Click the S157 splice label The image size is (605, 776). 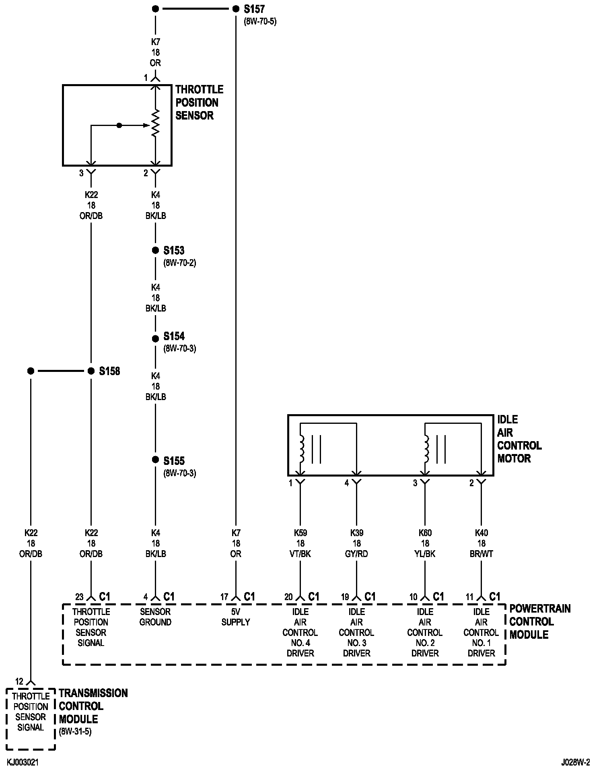coord(254,9)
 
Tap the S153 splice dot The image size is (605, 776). coord(155,250)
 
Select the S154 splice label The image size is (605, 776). coord(174,336)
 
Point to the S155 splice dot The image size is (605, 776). coord(155,460)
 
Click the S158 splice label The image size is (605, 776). coord(109,371)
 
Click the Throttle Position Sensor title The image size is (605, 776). coord(199,103)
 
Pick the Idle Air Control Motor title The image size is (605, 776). coord(519,439)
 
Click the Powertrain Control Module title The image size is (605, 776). coord(540,621)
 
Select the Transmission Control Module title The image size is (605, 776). coord(93,706)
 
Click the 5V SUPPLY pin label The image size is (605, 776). coord(236,617)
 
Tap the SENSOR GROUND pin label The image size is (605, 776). coord(155,617)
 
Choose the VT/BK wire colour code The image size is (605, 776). coord(300,554)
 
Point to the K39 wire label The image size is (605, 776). coord(356,533)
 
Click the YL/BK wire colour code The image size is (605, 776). coord(425,554)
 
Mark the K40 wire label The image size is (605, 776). coord(481,533)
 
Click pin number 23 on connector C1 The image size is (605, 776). coord(80,597)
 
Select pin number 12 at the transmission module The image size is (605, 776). coord(19,681)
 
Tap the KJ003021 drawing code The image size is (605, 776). coord(23,763)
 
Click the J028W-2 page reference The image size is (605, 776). coord(576,763)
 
